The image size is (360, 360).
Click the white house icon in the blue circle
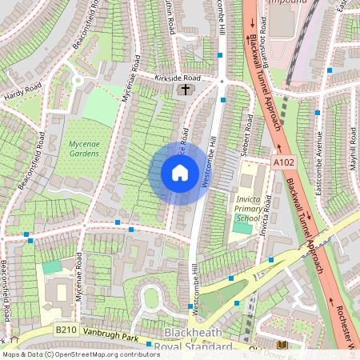point(179,173)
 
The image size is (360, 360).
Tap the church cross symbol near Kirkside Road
point(185,90)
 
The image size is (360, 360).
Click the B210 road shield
point(66,330)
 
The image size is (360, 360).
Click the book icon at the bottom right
point(282,345)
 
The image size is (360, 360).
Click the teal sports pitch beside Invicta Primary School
point(242,228)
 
